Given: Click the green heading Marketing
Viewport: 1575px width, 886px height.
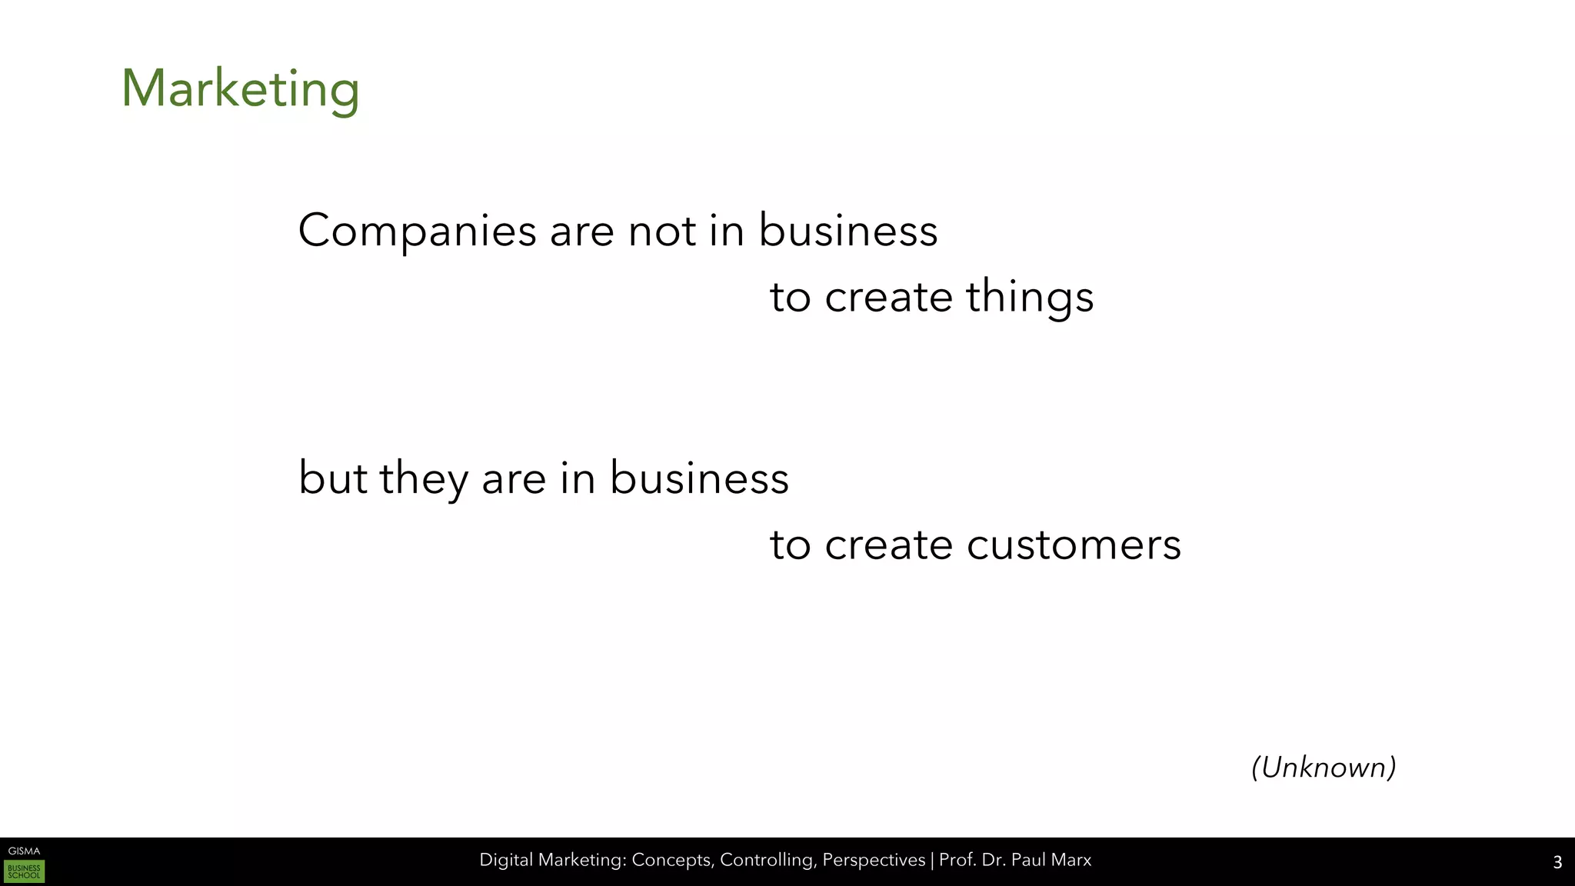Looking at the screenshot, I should tap(240, 88).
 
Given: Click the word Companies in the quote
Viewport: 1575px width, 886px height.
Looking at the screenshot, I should tap(417, 230).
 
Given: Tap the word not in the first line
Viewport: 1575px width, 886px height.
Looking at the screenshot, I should tap(662, 230).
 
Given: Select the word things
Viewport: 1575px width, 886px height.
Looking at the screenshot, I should tap(1029, 297).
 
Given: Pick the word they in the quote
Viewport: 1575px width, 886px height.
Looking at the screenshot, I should tap(423, 478).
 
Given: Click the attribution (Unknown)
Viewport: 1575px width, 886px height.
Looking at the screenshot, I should tap(1324, 767).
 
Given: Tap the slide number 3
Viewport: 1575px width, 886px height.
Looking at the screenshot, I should tap(1557, 862).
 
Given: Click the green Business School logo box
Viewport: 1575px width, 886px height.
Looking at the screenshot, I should tap(24, 871).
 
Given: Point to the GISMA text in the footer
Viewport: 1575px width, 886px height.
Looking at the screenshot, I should tap(24, 851).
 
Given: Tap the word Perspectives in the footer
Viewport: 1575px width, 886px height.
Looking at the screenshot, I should tap(874, 860).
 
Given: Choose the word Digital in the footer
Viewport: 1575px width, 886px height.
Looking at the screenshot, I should tap(505, 860).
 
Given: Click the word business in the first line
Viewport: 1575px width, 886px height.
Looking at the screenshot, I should tap(847, 230).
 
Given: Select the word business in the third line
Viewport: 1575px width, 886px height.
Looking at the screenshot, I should tap(699, 478).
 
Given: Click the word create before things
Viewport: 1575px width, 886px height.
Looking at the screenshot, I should tap(888, 297).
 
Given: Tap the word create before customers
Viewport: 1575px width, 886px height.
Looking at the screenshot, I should tap(888, 545).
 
